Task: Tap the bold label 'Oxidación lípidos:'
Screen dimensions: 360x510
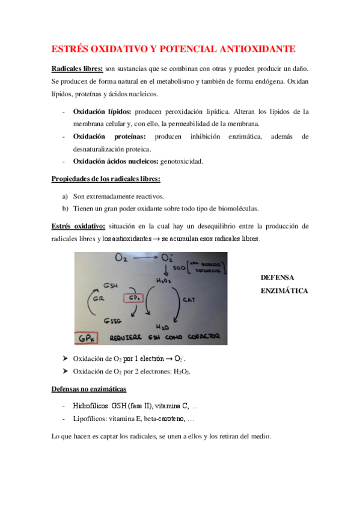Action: (x=102, y=111)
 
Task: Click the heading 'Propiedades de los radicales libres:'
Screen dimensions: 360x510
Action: (x=106, y=179)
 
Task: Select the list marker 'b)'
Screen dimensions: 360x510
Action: (x=65, y=209)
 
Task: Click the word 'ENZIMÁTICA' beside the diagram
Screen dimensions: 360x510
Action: (x=284, y=290)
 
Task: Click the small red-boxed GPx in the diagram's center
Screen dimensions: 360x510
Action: (x=133, y=298)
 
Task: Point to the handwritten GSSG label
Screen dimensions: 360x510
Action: (x=114, y=319)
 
